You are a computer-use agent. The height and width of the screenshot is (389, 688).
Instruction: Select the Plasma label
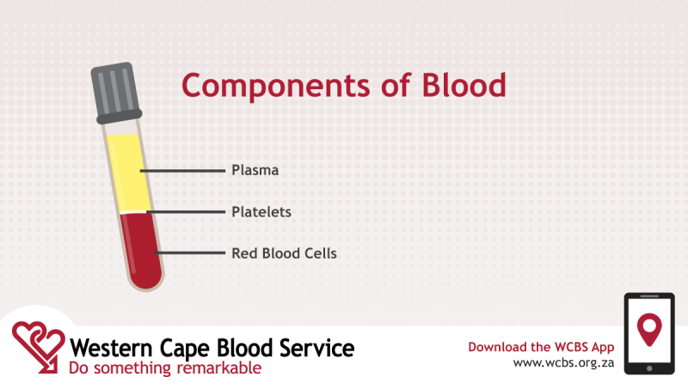255,170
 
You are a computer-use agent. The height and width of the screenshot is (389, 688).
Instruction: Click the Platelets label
261,211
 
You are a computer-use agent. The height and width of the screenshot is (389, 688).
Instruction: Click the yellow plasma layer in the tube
130,167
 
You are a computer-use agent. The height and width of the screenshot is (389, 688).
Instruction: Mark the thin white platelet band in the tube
135,210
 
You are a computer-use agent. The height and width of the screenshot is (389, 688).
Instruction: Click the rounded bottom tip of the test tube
147,281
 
